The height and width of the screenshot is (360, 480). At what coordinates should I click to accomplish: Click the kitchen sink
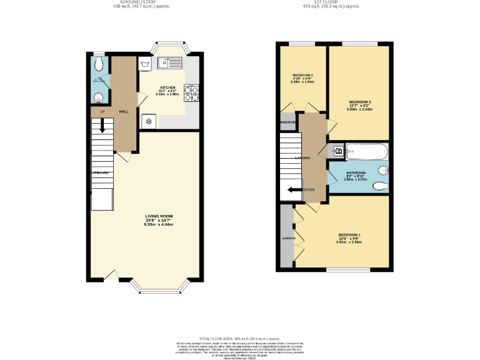coord(170,62)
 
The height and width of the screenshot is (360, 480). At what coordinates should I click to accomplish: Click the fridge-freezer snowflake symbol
coord(149,121)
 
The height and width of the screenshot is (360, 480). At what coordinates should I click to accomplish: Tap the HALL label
coord(124,111)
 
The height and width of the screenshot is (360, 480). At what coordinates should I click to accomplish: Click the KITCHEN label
coord(168,87)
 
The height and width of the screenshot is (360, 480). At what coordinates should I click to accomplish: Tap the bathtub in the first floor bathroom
coord(367,151)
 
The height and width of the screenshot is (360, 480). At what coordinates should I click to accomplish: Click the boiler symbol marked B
coord(339,151)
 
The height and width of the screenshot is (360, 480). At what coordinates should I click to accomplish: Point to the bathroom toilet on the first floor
coord(382,172)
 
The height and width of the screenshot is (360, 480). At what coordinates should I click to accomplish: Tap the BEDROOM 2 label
coord(360,102)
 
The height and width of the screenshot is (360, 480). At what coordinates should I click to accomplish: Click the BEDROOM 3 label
coord(302,75)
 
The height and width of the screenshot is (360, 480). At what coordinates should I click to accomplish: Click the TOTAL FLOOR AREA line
coord(240,337)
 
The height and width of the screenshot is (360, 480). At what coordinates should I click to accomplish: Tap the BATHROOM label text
coord(356,172)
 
